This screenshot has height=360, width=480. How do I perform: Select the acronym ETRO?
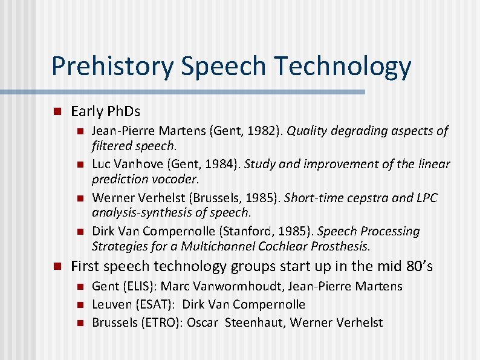(x=159, y=322)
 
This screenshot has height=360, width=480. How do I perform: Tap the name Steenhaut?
(x=254, y=322)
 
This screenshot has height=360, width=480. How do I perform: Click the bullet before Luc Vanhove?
(x=79, y=164)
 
